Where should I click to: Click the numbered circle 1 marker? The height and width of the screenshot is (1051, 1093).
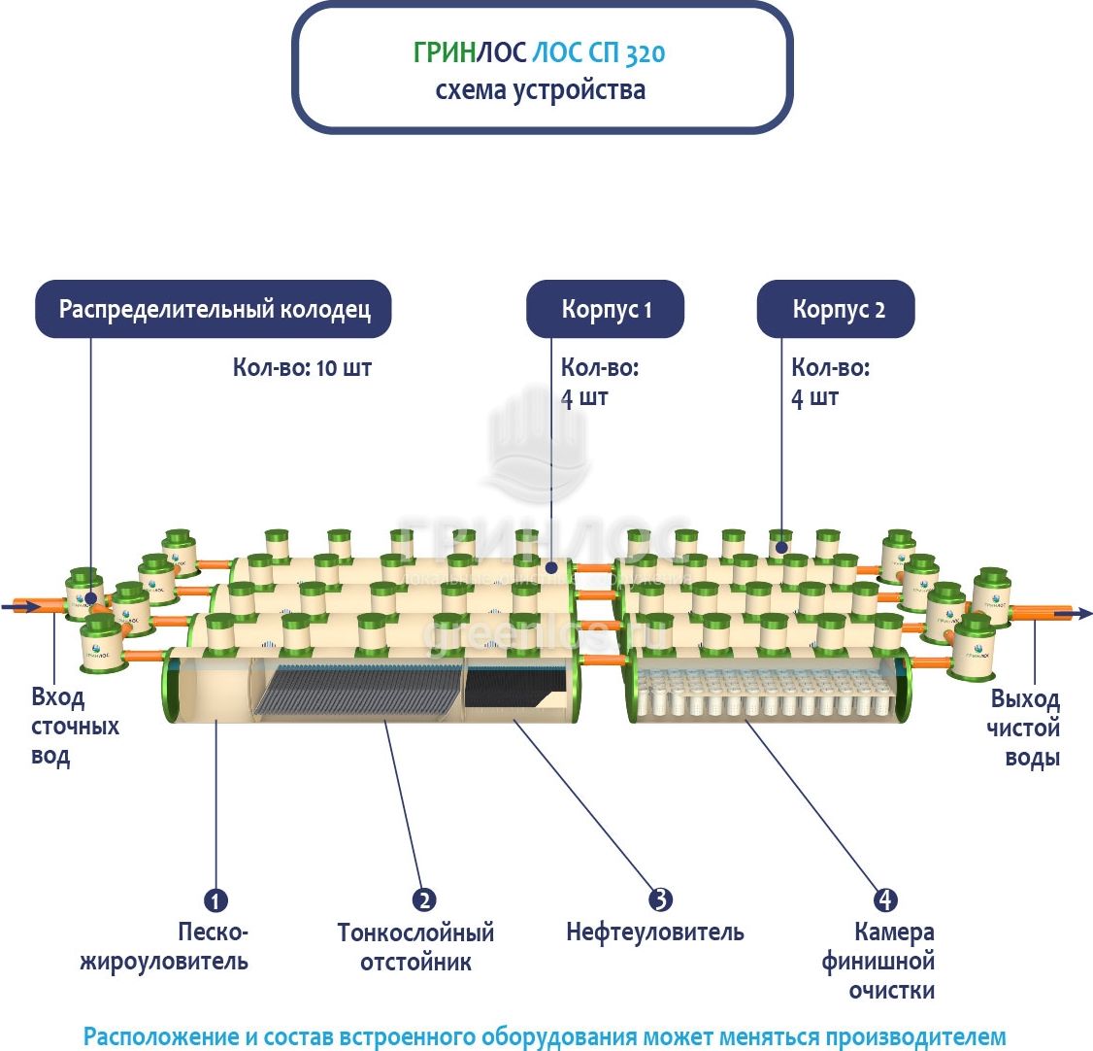coord(215,899)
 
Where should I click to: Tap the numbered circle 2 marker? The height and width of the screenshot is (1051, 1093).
coord(424,899)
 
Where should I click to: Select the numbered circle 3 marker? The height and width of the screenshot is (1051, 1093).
coord(660,899)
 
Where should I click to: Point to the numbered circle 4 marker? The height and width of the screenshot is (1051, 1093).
coord(884,899)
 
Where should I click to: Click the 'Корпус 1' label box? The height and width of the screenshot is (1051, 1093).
coord(605,310)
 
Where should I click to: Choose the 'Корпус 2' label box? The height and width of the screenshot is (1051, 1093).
coord(836,310)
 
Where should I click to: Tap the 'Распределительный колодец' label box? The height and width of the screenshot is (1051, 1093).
coord(214,310)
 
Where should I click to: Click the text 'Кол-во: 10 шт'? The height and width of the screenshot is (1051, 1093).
coord(302,368)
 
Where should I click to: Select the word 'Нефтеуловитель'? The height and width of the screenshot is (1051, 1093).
coord(655,932)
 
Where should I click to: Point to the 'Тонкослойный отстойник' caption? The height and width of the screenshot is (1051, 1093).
coord(415,947)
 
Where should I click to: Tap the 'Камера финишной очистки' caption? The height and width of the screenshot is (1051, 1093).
coord(879,962)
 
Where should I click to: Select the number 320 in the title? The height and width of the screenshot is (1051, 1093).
coord(645,52)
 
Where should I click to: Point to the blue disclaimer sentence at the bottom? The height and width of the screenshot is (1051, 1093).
coord(545,1036)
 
